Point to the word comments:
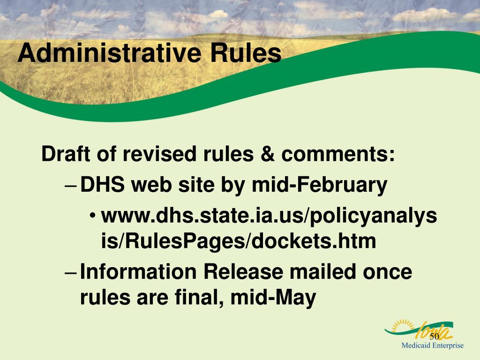338,154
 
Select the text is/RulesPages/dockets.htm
239,241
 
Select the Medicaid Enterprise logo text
432,346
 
